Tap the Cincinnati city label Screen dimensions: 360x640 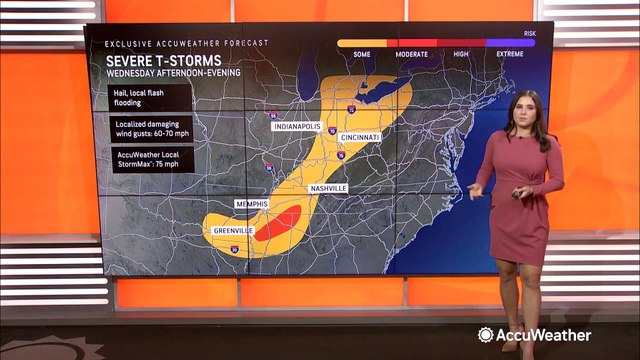359,137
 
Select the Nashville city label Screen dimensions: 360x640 327,188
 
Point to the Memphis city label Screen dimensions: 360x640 252,204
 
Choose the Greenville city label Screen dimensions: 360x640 232,231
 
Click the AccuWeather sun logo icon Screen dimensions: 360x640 486,335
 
